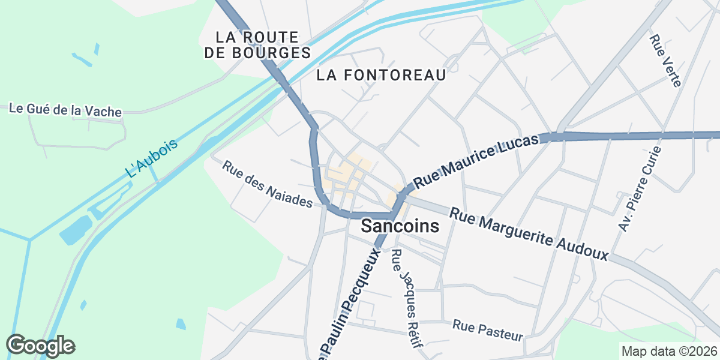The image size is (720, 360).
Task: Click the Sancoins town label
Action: [400, 227]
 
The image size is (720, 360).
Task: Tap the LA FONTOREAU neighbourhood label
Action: [382, 75]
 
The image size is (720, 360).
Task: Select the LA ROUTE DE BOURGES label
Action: [257, 44]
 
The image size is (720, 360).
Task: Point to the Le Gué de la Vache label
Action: [65, 110]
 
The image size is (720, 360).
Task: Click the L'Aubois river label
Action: [152, 158]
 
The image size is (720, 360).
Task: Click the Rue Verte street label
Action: [665, 61]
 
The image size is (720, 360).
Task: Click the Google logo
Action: [40, 346]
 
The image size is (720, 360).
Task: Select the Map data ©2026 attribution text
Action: [669, 351]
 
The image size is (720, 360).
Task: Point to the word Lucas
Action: [517, 145]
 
